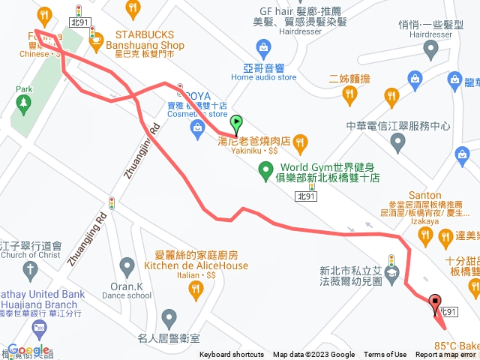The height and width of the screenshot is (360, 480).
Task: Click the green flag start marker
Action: click(x=237, y=122)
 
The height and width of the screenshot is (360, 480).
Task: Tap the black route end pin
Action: click(x=435, y=304)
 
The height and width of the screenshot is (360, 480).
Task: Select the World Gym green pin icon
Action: click(x=265, y=172)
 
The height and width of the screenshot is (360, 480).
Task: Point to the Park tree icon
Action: click(x=24, y=102)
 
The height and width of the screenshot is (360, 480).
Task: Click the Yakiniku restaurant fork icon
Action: click(x=300, y=141)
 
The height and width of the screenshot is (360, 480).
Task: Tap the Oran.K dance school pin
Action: click(x=127, y=266)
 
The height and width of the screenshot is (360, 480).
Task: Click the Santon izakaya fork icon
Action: click(x=425, y=237)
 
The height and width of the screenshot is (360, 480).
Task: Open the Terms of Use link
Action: click(x=385, y=355)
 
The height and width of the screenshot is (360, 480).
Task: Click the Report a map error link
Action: click(x=448, y=355)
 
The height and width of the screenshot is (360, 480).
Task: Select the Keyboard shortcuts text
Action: click(x=232, y=355)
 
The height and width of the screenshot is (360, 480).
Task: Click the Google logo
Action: click(x=28, y=349)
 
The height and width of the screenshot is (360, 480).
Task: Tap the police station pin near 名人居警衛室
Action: click(x=169, y=319)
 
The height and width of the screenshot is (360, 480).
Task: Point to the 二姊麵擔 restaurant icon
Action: click(x=349, y=94)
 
